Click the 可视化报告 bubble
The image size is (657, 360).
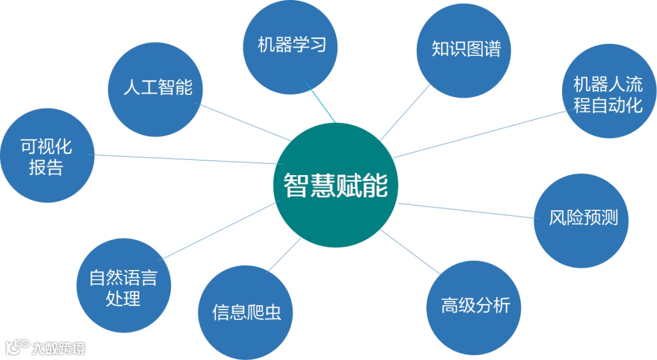point(47,156)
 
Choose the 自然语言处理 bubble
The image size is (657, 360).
point(123,288)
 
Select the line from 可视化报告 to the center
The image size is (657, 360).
point(182,159)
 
